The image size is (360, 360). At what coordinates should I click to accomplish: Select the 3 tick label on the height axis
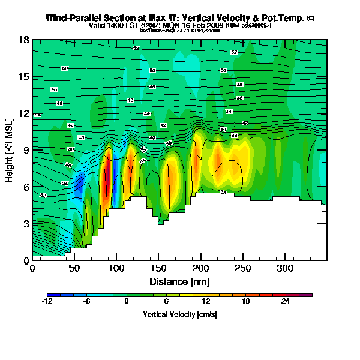(x=26, y=224)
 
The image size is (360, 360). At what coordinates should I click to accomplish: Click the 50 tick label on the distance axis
(x=75, y=268)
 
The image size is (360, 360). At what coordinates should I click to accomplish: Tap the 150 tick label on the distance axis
(x=159, y=268)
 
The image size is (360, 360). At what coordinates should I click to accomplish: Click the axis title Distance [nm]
(x=179, y=280)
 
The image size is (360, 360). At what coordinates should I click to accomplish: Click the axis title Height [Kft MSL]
(x=10, y=150)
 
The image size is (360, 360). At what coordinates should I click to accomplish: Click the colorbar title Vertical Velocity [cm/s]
(x=179, y=314)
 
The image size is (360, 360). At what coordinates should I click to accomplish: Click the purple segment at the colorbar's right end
(x=308, y=295)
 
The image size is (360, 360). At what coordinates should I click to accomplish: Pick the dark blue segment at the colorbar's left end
(x=50, y=295)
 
